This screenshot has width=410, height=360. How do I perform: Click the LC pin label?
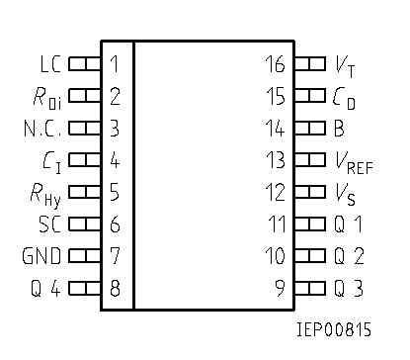[x=49, y=64]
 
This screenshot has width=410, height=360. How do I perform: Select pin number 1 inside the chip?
[x=115, y=64]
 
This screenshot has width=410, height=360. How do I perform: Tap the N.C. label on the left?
[x=42, y=129]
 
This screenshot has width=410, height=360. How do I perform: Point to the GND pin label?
[x=41, y=256]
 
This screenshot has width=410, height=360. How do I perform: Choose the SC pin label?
[x=49, y=225]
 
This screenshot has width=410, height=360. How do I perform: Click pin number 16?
[x=275, y=64]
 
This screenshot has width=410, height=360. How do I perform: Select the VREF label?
[x=354, y=161]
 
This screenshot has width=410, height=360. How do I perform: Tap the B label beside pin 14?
[x=339, y=129]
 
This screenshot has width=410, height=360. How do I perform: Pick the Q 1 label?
[x=349, y=225]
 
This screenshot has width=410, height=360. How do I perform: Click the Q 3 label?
[x=349, y=289]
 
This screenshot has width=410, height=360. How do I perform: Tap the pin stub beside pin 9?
[x=310, y=289]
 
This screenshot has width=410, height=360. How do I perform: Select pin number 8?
[x=115, y=289]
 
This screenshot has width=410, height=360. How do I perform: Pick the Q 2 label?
[x=349, y=256]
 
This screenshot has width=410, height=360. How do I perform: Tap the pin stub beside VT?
[x=310, y=64]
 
